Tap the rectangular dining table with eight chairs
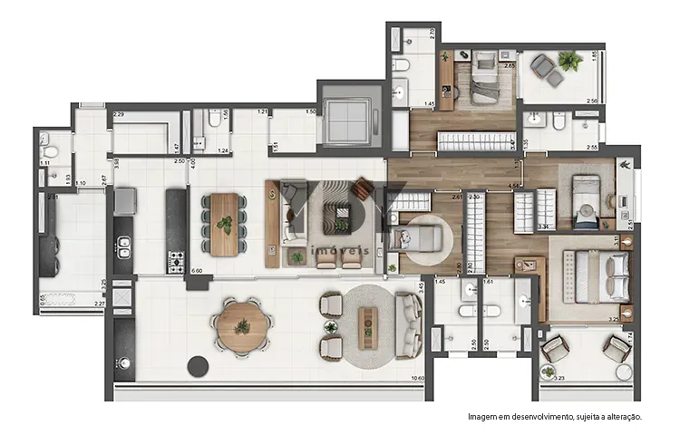tap(224, 218)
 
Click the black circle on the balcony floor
tap(197, 365)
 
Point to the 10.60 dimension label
tap(418, 379)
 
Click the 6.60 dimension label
tap(196, 270)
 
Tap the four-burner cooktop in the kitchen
tap(175, 261)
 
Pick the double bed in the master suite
tap(597, 275)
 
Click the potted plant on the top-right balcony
tap(570, 62)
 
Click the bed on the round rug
tap(423, 240)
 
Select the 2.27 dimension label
tap(100, 304)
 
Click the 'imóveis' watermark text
tap(339, 251)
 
